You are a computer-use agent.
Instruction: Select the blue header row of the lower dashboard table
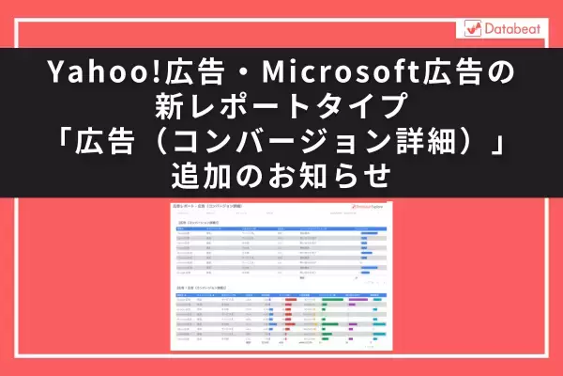[281, 294]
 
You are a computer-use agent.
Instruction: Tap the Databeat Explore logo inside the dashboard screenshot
[367, 209]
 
